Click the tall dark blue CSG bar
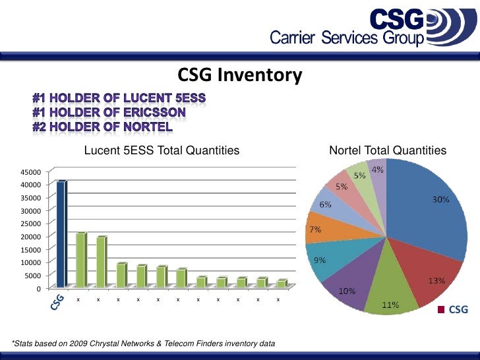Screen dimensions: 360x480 pyautogui.click(x=61, y=234)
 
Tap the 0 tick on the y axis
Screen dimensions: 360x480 pyautogui.click(x=38, y=289)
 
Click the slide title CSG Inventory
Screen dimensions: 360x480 pyautogui.click(x=240, y=76)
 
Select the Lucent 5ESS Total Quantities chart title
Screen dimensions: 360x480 pyautogui.click(x=162, y=151)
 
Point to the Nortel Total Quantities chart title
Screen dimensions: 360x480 pyautogui.click(x=388, y=151)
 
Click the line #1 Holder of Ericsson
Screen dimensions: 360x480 pyautogui.click(x=109, y=112)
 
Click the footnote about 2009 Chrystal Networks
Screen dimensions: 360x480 pyautogui.click(x=144, y=344)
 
